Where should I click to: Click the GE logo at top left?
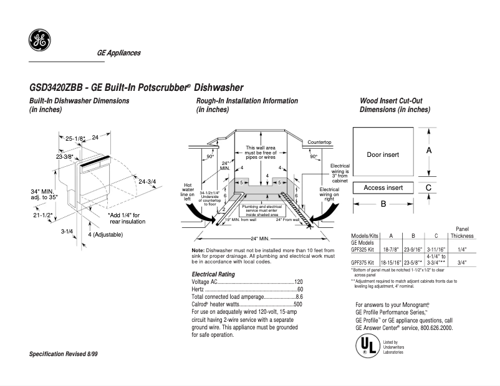[39, 41]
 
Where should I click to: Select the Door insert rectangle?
[383, 154]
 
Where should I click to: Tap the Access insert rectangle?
[383, 187]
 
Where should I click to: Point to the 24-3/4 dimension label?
[147, 182]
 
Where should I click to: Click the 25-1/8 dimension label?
[75, 138]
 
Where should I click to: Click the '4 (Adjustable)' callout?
[105, 235]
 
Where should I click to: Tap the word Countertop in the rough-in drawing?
[319, 143]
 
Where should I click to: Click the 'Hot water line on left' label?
[187, 192]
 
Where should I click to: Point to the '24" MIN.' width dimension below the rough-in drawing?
[259, 239]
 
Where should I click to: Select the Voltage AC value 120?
[298, 282]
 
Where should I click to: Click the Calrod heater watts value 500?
[298, 304]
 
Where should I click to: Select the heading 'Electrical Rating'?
[213, 274]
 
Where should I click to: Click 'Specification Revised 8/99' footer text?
[64, 354]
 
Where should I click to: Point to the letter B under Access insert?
[383, 204]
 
